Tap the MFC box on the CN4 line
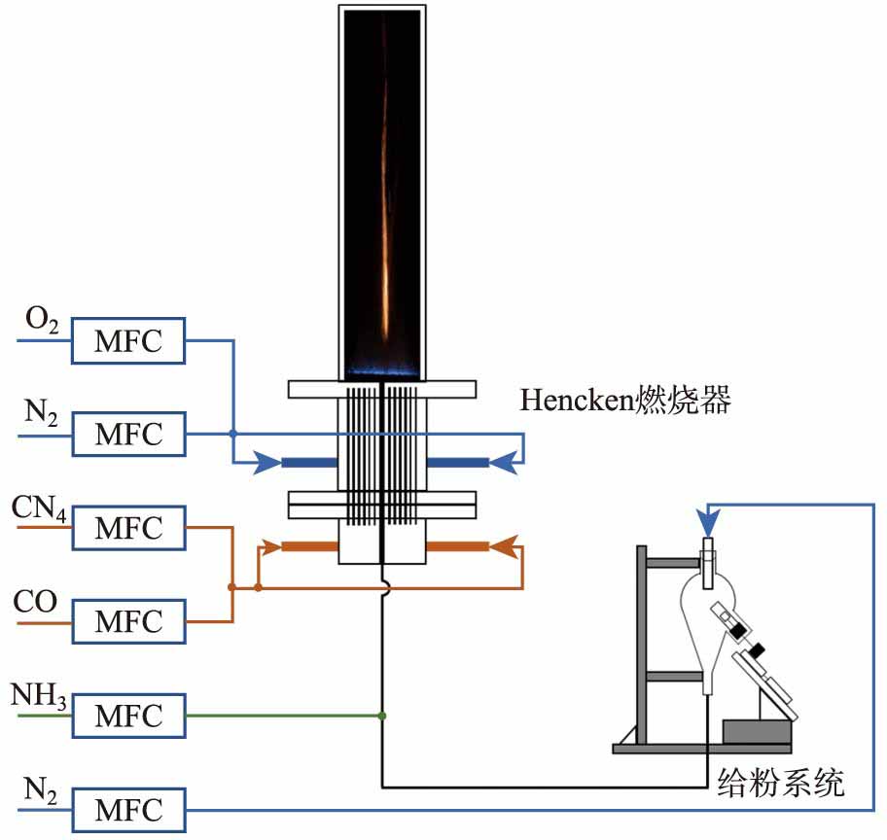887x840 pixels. point(128,529)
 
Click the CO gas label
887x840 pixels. point(35,603)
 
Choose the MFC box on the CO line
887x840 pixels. point(128,621)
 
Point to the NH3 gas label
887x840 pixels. point(39,697)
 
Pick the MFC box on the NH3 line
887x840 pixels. point(128,716)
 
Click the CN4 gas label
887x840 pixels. point(40,508)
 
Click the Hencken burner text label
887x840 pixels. point(624,402)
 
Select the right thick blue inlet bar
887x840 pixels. point(458,463)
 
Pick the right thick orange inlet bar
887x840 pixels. point(458,546)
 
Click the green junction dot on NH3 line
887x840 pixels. point(381,717)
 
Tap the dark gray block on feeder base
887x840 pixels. point(757,732)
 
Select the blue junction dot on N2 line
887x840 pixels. point(233,435)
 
